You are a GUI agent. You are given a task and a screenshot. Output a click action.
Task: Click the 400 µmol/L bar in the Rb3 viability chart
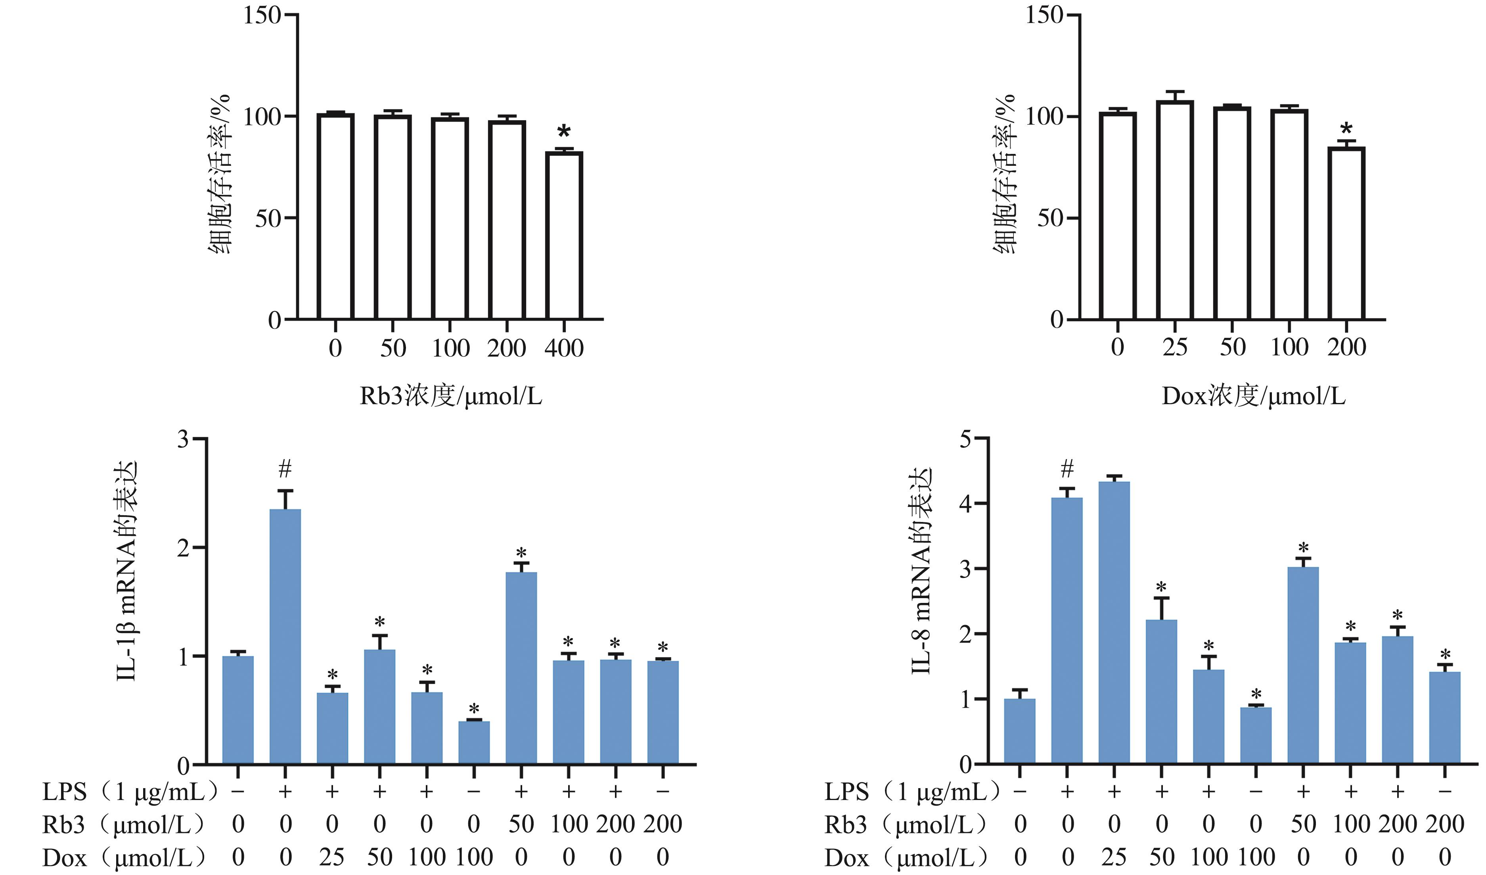pyautogui.click(x=564, y=236)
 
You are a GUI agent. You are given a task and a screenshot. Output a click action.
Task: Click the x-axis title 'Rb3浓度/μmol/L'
pyautogui.click(x=450, y=396)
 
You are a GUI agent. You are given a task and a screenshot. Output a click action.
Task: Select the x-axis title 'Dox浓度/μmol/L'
pyautogui.click(x=1253, y=396)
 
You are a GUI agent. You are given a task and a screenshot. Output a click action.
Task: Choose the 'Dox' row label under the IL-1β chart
pyautogui.click(x=64, y=857)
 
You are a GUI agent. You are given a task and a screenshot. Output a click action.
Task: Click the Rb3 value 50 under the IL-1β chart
pyautogui.click(x=521, y=824)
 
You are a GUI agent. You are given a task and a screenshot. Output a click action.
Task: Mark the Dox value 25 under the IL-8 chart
pyautogui.click(x=1114, y=857)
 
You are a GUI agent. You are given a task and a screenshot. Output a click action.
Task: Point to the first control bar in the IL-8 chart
pyautogui.click(x=1020, y=732)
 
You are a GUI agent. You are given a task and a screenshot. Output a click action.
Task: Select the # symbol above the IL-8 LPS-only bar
pyautogui.click(x=1067, y=470)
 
